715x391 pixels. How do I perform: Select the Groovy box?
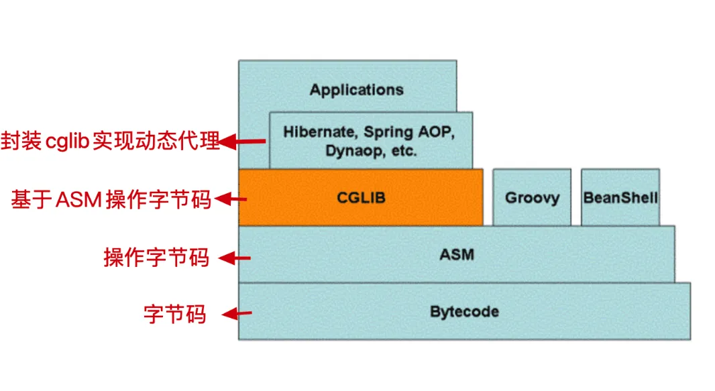[x=532, y=198]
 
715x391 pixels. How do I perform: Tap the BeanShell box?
[x=620, y=198]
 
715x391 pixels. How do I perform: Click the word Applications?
[x=356, y=89]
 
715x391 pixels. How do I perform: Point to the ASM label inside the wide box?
[x=456, y=254]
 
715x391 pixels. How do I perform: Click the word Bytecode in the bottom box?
[x=464, y=312]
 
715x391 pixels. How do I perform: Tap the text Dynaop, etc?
[x=371, y=150]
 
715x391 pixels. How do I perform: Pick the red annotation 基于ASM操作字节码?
[x=111, y=199]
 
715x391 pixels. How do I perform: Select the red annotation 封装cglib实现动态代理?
[x=110, y=142]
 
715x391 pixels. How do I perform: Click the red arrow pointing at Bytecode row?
[x=237, y=313]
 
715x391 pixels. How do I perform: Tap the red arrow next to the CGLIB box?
[x=234, y=199]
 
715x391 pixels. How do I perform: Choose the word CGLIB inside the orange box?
[x=361, y=198]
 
